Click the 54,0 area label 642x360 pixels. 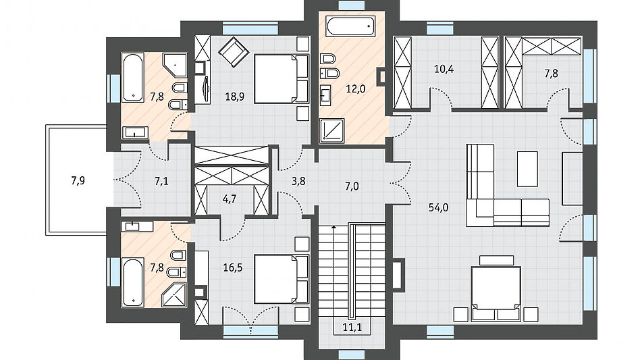tap(438, 207)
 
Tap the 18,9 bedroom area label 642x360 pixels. tap(235, 97)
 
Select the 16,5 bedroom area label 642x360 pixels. tap(232, 268)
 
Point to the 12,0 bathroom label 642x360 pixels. tap(355, 88)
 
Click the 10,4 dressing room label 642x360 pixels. tap(444, 68)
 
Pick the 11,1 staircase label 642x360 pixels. tap(352, 327)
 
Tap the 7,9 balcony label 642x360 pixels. tap(78, 180)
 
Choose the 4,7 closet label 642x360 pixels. tap(230, 199)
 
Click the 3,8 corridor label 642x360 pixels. tap(298, 181)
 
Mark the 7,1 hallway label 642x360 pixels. tap(161, 181)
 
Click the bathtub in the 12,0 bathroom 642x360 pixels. tap(351, 26)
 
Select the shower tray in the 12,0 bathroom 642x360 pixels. tap(331, 130)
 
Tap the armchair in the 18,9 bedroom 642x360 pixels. tap(234, 52)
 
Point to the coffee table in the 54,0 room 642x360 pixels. tap(527, 169)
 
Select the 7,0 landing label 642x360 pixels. tap(352, 186)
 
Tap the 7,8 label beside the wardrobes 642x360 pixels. tap(551, 74)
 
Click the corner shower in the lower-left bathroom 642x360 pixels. tap(174, 294)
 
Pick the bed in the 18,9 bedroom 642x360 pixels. tap(282, 78)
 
